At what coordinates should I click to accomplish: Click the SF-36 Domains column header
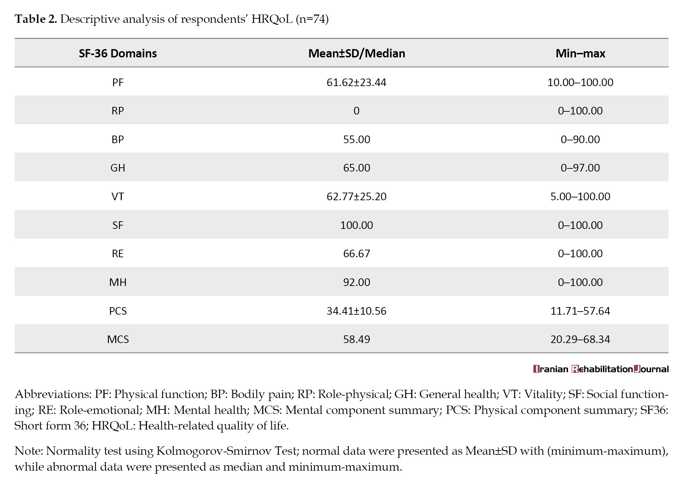click(x=118, y=53)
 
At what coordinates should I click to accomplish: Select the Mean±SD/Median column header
click(x=357, y=53)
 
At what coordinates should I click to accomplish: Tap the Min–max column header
click(x=580, y=53)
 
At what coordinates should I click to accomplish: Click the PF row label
click(x=118, y=82)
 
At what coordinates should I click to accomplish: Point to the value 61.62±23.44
click(x=356, y=82)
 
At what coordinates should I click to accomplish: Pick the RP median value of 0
click(x=356, y=111)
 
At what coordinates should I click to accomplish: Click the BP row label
click(x=118, y=139)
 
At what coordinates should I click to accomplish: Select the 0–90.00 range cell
click(x=580, y=139)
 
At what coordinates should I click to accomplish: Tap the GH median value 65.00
click(x=356, y=168)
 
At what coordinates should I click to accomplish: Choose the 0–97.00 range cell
click(x=580, y=168)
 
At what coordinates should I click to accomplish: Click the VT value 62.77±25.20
click(x=356, y=196)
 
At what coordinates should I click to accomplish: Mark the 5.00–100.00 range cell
click(x=580, y=196)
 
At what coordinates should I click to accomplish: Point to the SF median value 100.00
click(x=356, y=225)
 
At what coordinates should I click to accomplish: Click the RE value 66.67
click(x=356, y=253)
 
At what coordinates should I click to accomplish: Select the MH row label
click(x=118, y=282)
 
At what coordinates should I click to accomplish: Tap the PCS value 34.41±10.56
click(x=356, y=311)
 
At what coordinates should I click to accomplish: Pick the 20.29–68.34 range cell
click(x=580, y=339)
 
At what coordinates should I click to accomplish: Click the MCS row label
click(x=118, y=339)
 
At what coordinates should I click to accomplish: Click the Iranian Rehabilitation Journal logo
click(x=601, y=369)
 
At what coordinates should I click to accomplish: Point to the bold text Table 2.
click(x=36, y=19)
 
